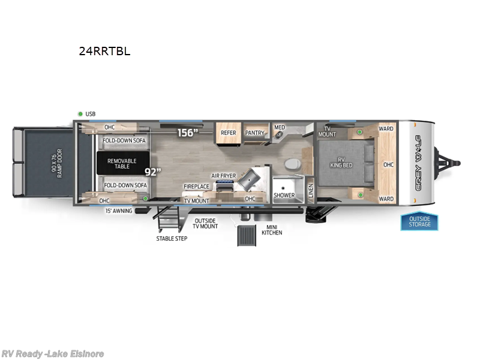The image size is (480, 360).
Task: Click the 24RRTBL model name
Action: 104,51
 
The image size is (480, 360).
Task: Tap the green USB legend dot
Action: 80,114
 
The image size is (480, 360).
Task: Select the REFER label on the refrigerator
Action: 229,133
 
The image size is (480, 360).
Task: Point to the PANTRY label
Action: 254,133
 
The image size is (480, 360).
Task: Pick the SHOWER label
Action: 284,196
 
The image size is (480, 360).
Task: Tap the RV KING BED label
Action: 341,162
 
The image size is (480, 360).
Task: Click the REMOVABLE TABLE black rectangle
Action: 123,163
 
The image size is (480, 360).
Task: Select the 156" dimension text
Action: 188,133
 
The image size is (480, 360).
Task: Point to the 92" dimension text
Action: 153,172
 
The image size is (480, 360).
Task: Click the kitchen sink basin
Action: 249,178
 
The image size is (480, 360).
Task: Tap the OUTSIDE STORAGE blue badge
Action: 419,221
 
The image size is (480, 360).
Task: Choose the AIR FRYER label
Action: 223,176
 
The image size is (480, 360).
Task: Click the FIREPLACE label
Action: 196,187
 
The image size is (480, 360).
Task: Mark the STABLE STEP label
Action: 172,238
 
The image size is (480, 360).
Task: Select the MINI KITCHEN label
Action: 272,230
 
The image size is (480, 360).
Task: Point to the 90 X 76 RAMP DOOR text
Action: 56,163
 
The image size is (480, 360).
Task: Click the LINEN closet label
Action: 311,191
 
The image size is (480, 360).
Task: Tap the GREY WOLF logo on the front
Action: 418,163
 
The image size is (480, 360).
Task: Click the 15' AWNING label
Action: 119,211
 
